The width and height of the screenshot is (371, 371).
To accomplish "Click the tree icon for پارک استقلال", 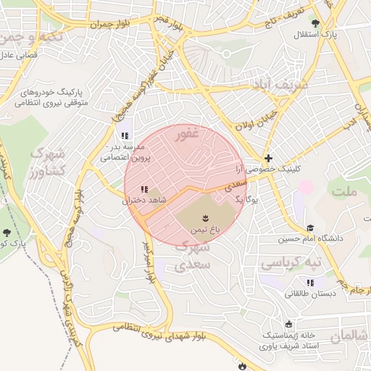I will pos(314,23).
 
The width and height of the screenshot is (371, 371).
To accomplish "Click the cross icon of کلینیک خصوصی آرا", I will pos(268,157).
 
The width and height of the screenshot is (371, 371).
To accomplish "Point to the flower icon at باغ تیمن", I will pos(205,217).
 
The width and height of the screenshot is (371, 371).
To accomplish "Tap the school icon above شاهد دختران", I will pos(143,188).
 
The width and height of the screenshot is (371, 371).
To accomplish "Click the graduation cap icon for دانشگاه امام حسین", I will pos(309,228).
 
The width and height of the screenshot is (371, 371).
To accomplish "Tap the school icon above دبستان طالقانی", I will pos(310,283).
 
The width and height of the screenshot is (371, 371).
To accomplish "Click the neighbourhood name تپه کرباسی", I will pos(290,261).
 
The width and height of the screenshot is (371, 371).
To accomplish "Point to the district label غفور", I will pos(186,133).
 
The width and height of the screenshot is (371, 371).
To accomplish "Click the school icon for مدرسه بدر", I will pos(125,135).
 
